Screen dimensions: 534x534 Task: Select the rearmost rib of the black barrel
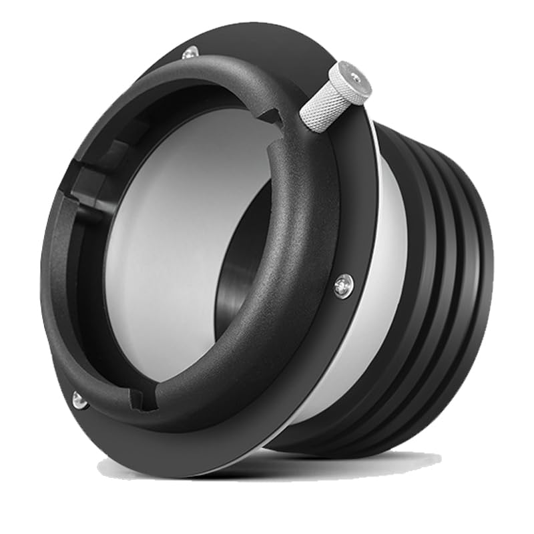click(x=477, y=280)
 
